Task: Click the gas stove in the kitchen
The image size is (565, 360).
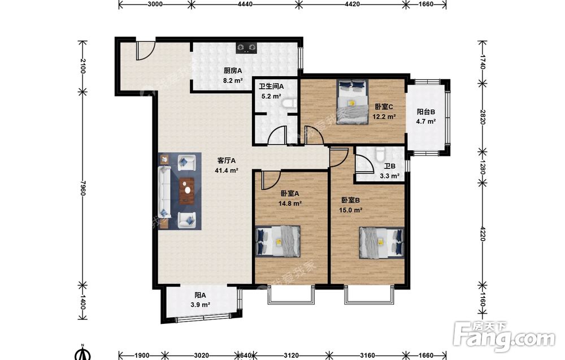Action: pos(247,47)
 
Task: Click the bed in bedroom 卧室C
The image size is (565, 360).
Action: pos(353,102)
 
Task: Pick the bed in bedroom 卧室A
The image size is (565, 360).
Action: pos(278,241)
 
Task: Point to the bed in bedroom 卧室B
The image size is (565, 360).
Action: pos(381,242)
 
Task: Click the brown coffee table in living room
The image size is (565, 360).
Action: pos(186,191)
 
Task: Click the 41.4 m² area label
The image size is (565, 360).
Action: pos(227,171)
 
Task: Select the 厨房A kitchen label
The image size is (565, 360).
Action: pos(232,71)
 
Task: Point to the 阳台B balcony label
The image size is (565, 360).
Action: pos(426,112)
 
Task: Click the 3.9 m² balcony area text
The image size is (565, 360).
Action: pos(201,305)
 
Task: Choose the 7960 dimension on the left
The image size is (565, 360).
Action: pos(82,188)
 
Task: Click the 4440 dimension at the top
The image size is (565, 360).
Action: pos(245,5)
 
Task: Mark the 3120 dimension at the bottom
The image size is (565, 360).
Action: pos(291,355)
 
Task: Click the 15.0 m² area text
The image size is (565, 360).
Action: pos(351,210)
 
